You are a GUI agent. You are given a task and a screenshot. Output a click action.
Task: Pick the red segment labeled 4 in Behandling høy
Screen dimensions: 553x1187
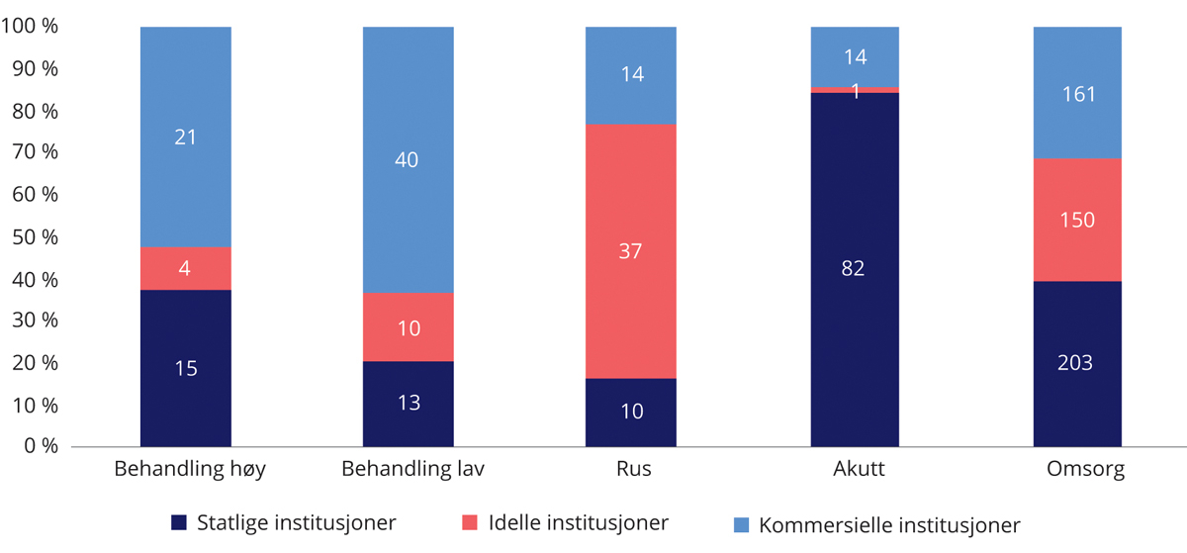(x=185, y=268)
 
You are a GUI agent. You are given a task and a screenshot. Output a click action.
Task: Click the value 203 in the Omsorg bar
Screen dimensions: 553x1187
(x=1075, y=363)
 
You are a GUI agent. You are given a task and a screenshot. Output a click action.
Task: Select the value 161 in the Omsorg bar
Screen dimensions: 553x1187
(x=1075, y=94)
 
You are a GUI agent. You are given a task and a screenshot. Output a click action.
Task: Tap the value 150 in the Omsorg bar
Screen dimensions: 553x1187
(x=1075, y=220)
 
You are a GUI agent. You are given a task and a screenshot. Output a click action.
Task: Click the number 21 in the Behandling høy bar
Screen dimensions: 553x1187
(x=185, y=138)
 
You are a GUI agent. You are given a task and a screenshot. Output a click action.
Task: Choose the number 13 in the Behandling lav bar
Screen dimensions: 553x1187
(x=408, y=402)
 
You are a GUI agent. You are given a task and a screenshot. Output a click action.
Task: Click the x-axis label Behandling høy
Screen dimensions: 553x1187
(x=185, y=470)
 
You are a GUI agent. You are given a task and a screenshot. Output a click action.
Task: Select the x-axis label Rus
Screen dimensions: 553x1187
(x=630, y=470)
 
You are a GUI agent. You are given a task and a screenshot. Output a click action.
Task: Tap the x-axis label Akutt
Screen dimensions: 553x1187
(x=855, y=470)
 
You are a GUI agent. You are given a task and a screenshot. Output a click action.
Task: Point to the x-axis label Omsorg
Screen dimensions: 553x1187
(x=1076, y=470)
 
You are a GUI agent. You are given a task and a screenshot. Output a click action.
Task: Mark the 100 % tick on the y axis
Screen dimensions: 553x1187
(x=29, y=27)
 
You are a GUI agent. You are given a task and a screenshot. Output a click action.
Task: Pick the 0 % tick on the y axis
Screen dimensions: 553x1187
(x=39, y=447)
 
